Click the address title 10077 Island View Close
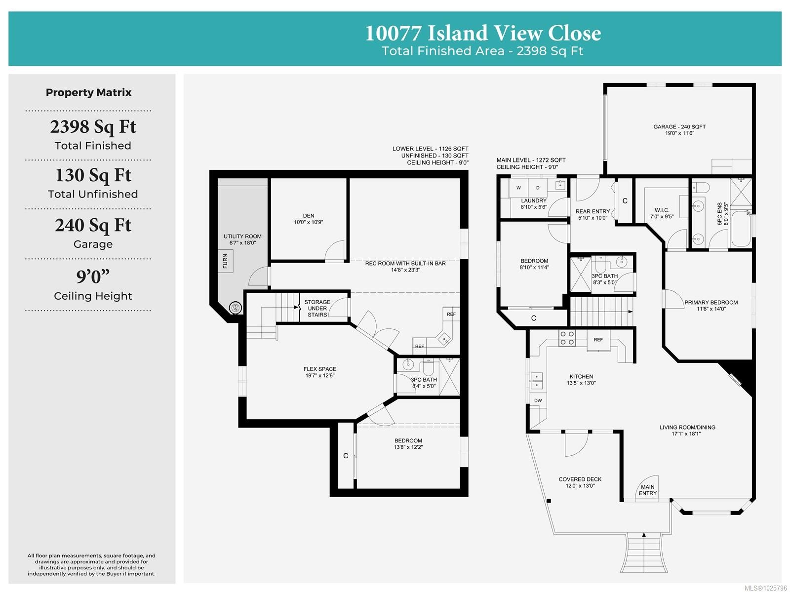(x=483, y=33)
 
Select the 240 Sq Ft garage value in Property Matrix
(x=93, y=225)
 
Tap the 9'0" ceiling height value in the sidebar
(x=93, y=276)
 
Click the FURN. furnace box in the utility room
(x=225, y=261)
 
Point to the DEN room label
(x=309, y=216)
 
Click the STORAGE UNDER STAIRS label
(x=317, y=308)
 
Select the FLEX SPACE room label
(x=320, y=369)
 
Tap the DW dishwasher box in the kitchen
(x=538, y=400)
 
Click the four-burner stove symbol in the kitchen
(x=567, y=338)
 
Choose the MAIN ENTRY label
(x=648, y=490)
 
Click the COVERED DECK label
(x=580, y=479)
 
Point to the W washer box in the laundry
(x=518, y=188)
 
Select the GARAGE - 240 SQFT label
(x=679, y=127)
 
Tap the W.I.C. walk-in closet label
(x=662, y=210)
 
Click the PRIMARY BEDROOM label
(x=711, y=302)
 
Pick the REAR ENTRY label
(x=592, y=211)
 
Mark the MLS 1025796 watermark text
(x=765, y=588)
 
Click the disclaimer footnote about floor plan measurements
(x=91, y=564)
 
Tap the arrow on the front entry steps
(x=644, y=535)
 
